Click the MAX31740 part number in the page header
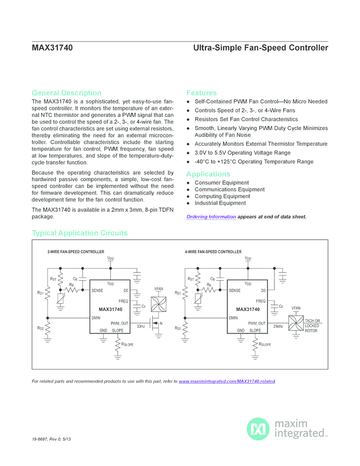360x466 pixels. point(52,48)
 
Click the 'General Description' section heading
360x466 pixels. point(66,93)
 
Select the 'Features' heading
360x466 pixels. point(202,93)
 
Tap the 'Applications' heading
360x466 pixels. point(208,174)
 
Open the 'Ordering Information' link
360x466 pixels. point(211,217)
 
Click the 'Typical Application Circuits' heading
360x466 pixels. point(79,233)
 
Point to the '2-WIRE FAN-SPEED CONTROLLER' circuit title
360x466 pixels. point(76,252)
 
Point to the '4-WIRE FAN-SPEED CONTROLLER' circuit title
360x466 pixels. point(213,252)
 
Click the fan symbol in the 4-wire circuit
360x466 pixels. point(295,323)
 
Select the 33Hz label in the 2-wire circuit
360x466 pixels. point(140,326)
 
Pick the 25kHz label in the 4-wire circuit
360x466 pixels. point(278,326)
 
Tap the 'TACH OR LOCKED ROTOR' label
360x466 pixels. point(312,326)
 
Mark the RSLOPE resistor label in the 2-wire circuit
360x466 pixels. point(128,344)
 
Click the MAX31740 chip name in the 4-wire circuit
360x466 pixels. point(244,310)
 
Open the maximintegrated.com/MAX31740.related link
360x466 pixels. point(227,381)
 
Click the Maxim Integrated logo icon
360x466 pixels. point(258,429)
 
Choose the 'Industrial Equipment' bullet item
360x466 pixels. point(220,203)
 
